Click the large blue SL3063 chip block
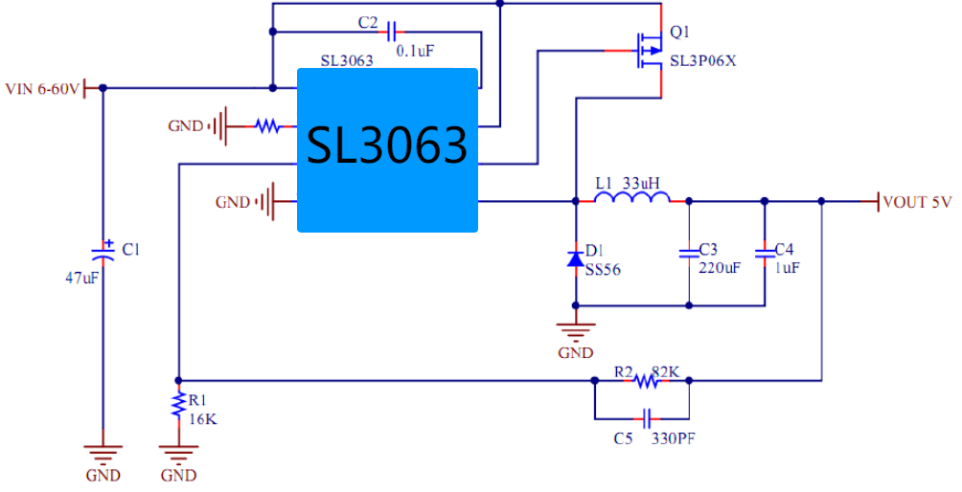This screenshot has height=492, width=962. [x=387, y=150]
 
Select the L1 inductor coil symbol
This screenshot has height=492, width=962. [x=632, y=197]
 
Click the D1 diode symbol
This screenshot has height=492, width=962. [x=576, y=259]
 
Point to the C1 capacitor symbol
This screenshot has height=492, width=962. [x=103, y=252]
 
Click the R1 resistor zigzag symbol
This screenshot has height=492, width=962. [x=178, y=405]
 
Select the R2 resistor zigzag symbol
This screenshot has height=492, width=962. [x=648, y=381]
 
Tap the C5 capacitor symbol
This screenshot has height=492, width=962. [x=646, y=419]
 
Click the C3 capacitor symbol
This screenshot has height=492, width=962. [x=688, y=253]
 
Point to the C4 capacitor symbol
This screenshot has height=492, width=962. [x=765, y=253]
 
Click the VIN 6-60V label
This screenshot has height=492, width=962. [x=42, y=89]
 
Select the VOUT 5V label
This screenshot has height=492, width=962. [x=917, y=202]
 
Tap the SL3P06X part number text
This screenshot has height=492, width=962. [x=703, y=61]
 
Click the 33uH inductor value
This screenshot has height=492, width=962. [x=641, y=183]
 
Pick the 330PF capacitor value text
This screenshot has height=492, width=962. [x=673, y=438]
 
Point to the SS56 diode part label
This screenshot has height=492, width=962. [x=603, y=270]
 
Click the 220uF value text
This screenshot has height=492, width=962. [x=720, y=268]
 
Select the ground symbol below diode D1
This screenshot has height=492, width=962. [x=576, y=332]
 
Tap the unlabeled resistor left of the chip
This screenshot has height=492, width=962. [x=267, y=126]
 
